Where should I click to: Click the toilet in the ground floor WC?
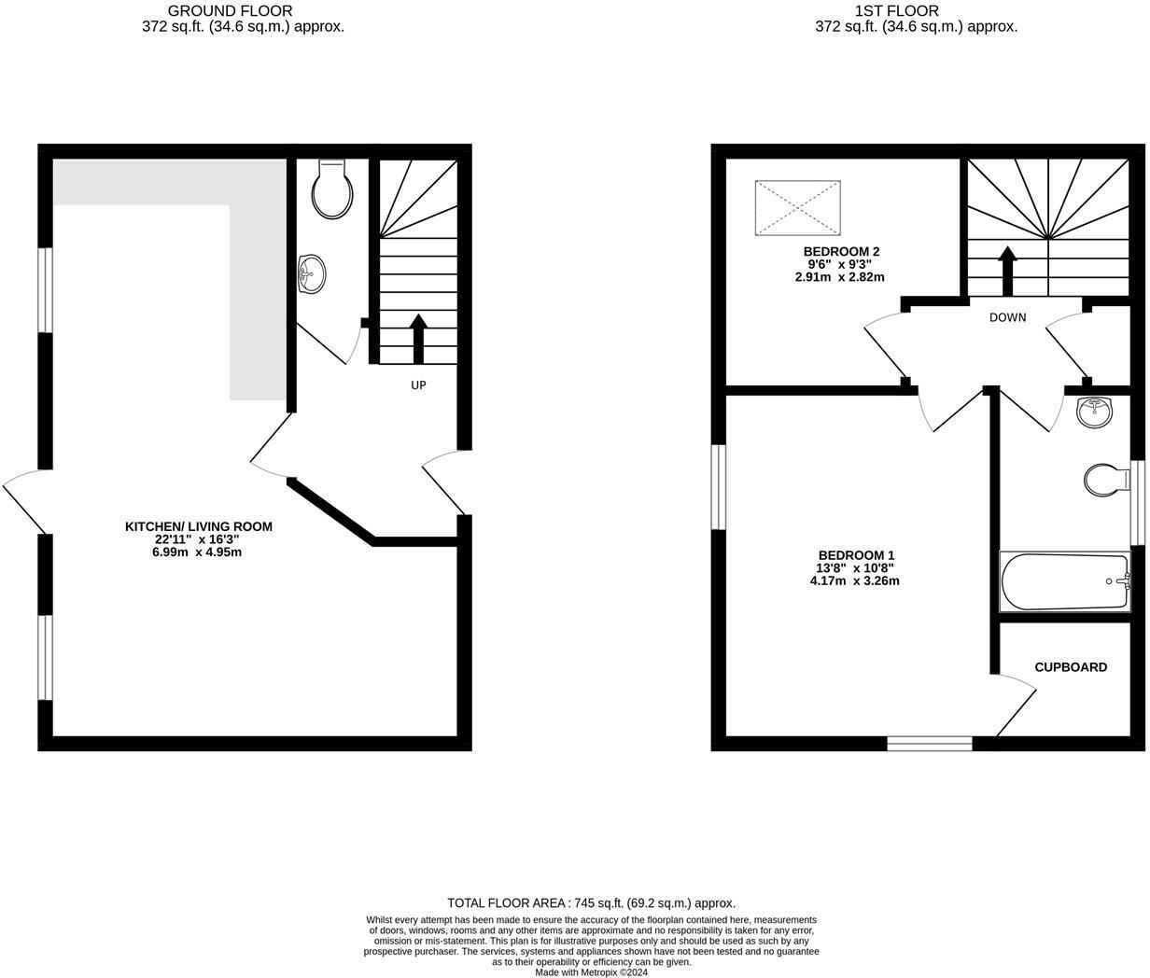[x=333, y=189]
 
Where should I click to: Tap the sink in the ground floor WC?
[x=312, y=274]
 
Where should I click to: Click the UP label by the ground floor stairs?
[x=418, y=384]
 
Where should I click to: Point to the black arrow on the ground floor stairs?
[x=418, y=339]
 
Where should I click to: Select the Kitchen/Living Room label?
[x=199, y=526]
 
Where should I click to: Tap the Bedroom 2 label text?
[x=841, y=251]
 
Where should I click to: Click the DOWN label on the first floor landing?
[x=1007, y=317]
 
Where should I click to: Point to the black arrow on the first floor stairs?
[x=1007, y=272]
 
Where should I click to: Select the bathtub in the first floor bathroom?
[x=1065, y=581]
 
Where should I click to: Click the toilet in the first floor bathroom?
[x=1107, y=481]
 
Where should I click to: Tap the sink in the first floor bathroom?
[x=1093, y=412]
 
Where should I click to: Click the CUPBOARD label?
[x=1071, y=667]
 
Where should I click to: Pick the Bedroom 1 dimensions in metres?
[x=854, y=580]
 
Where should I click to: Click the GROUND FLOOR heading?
[x=230, y=11]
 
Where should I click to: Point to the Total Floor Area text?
[x=591, y=902]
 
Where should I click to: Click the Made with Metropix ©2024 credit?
[x=591, y=971]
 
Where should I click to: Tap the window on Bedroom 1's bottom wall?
[x=930, y=743]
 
